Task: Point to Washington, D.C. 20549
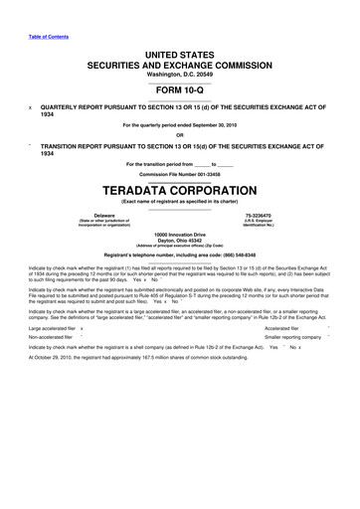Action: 180,58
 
